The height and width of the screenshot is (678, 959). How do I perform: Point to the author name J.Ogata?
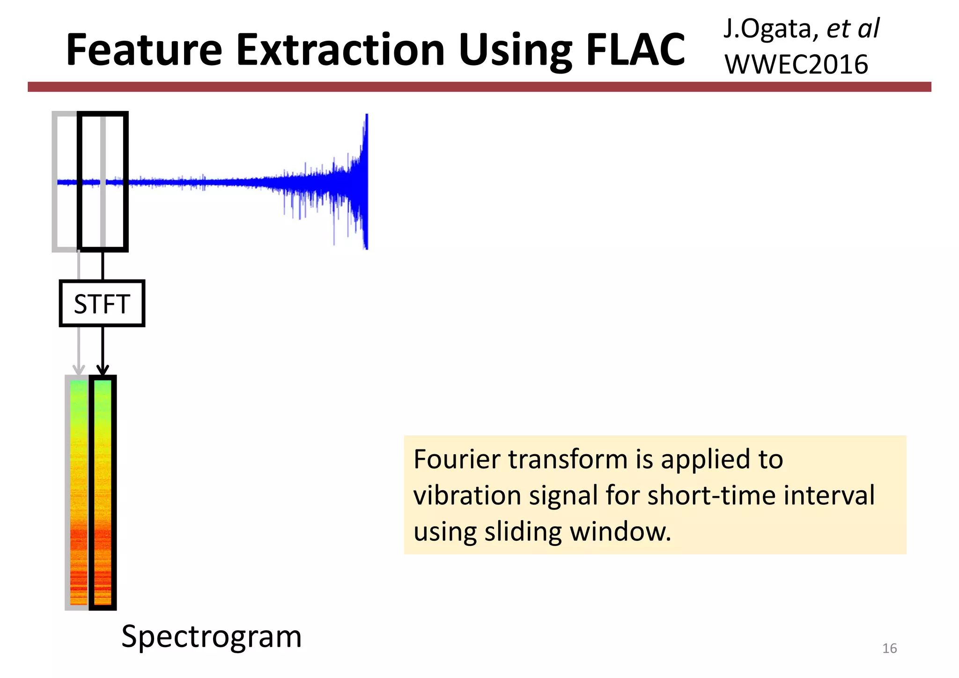[767, 29]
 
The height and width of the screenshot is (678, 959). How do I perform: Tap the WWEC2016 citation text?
[796, 65]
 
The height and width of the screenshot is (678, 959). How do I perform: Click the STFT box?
[102, 303]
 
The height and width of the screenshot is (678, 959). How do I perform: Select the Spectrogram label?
[211, 637]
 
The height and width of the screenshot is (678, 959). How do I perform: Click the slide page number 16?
[889, 649]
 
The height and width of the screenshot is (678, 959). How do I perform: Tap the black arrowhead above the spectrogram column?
[103, 370]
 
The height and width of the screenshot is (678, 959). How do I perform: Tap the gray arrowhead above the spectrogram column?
[78, 370]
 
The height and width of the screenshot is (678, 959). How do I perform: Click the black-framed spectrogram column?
[103, 492]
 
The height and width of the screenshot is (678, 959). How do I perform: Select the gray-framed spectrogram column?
[78, 492]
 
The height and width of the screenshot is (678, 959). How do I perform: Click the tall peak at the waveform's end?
[366, 140]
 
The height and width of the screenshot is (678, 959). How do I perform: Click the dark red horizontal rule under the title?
[479, 87]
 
